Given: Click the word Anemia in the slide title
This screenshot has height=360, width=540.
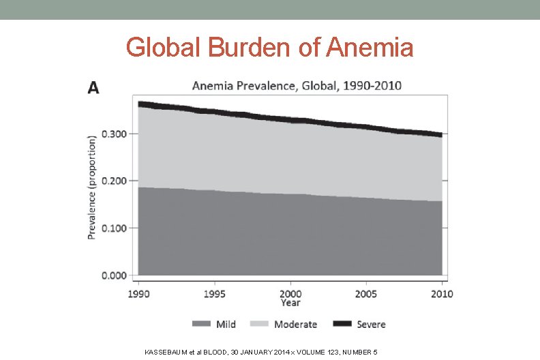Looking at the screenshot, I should click(x=370, y=48).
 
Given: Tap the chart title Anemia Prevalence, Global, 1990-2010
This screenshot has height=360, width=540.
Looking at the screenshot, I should click(x=297, y=86).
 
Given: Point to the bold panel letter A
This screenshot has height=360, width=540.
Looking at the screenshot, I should click(x=93, y=88).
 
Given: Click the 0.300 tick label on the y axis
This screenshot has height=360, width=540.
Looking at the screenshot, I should click(x=114, y=134).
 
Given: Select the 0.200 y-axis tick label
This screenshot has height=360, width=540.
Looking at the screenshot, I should click(x=114, y=181).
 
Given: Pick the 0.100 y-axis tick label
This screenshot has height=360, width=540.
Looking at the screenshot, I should click(x=114, y=228).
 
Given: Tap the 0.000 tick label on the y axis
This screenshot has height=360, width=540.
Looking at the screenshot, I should click(x=114, y=275).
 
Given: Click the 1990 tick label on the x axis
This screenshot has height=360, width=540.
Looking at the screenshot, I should click(x=138, y=294).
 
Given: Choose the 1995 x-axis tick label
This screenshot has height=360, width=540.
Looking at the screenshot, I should click(x=215, y=294).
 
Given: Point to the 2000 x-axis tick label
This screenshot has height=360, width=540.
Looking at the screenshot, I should click(x=290, y=294).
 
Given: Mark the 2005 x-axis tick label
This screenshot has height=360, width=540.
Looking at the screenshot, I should click(x=367, y=294).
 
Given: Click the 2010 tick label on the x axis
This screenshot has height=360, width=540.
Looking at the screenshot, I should click(x=442, y=294).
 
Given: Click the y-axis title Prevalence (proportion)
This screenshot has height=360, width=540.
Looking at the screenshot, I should click(x=91, y=186).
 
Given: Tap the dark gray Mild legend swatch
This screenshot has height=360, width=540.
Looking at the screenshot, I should click(x=202, y=325).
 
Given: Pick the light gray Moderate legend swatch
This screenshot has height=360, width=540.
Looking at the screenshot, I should click(x=260, y=325).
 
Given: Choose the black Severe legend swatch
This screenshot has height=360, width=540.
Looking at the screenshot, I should click(x=343, y=325).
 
